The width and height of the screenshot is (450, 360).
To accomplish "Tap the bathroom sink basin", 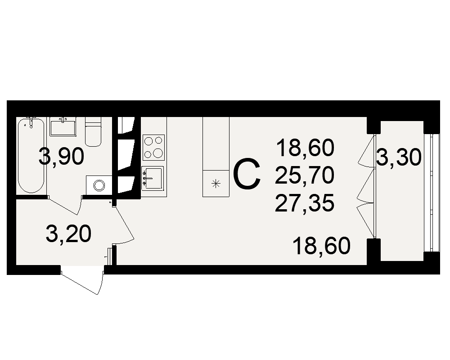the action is [x=63, y=128].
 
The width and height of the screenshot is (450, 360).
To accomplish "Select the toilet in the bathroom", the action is [x=93, y=132].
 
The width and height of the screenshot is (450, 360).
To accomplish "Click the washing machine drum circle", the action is [x=99, y=185].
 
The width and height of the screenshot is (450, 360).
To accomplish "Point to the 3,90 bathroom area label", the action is [x=61, y=157].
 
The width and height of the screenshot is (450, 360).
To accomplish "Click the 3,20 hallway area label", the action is [x=68, y=234].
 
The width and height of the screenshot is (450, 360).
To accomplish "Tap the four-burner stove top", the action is [x=153, y=148].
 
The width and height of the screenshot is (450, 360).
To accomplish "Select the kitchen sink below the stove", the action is [x=153, y=178].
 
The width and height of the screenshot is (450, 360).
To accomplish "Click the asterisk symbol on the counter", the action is [x=216, y=184].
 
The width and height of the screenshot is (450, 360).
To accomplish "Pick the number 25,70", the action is [x=305, y=175].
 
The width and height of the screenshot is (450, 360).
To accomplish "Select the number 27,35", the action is [x=305, y=202].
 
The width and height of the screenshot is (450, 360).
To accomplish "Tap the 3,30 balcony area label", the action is [x=399, y=157].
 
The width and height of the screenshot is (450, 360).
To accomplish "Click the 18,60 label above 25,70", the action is [x=306, y=148].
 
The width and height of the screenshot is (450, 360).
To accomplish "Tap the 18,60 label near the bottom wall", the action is [x=321, y=246].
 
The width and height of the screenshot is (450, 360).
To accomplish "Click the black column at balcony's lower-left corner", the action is [x=373, y=250].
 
